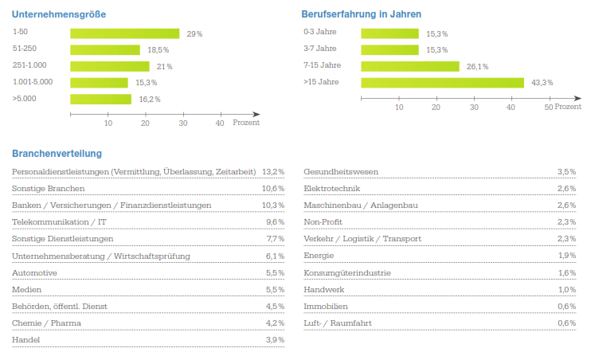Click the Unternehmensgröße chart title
pyautogui.click(x=59, y=14)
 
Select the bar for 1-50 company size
pyautogui.click(x=126, y=33)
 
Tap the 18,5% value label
pyautogui.click(x=158, y=50)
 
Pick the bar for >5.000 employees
pyautogui.click(x=100, y=100)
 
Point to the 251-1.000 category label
pyautogui.click(x=30, y=66)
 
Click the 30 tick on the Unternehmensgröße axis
pyautogui.click(x=182, y=123)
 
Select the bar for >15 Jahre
pyautogui.click(x=442, y=83)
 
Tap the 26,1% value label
pyautogui.click(x=477, y=67)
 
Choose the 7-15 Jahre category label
pyautogui.click(x=322, y=66)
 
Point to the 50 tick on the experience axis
pyautogui.click(x=548, y=107)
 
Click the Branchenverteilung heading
pyautogui.click(x=57, y=154)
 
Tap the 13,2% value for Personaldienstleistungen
pyautogui.click(x=273, y=172)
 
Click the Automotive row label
pyautogui.click(x=33, y=273)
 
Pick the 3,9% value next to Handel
pyautogui.click(x=275, y=340)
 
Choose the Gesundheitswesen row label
pyautogui.click(x=341, y=172)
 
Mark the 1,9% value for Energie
pyautogui.click(x=566, y=256)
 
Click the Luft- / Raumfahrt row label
pyautogui.click(x=337, y=323)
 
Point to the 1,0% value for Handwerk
pyautogui.click(x=566, y=290)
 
